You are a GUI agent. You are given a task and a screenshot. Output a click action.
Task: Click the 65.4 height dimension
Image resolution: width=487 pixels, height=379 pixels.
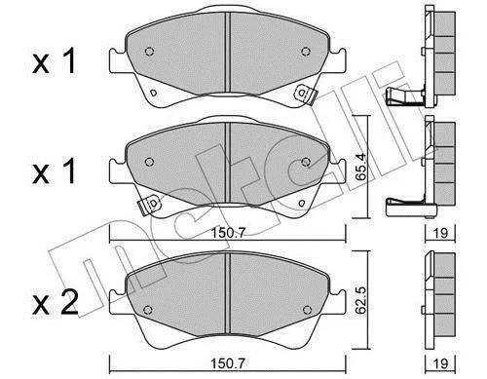(x=360, y=168)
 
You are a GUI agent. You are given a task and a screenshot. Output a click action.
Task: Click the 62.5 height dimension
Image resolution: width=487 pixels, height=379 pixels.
(x=360, y=300)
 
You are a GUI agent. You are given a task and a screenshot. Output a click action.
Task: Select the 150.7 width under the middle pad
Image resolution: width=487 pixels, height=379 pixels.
(x=229, y=233)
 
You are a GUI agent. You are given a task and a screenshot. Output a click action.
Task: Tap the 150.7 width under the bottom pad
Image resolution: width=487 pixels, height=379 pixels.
(x=229, y=362)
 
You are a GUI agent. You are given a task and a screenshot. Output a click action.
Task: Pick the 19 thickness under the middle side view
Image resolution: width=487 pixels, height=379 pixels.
(x=440, y=233)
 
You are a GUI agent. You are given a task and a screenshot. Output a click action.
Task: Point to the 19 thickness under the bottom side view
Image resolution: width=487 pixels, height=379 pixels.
(x=440, y=362)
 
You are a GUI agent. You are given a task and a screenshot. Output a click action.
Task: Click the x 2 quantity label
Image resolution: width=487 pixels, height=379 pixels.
(x=56, y=303)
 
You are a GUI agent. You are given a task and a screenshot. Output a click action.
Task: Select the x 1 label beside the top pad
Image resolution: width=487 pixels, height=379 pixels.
(x=55, y=60)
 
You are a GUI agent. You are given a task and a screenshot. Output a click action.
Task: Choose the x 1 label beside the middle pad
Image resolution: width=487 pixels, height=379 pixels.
(x=55, y=171)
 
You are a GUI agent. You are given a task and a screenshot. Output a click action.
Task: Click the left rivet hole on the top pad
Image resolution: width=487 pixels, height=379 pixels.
(x=149, y=52)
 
